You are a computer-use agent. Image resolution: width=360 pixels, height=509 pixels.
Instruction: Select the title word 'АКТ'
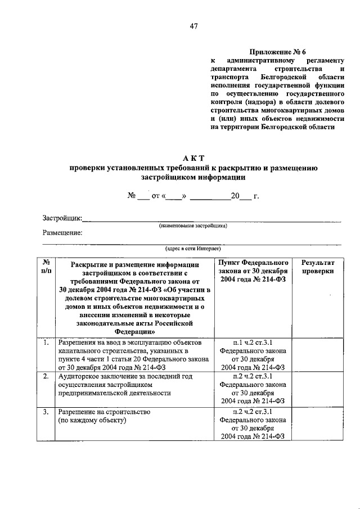click(x=193, y=158)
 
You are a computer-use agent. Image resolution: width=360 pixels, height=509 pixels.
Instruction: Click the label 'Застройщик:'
click(x=62, y=218)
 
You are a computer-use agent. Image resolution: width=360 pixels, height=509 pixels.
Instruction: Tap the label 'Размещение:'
click(x=62, y=233)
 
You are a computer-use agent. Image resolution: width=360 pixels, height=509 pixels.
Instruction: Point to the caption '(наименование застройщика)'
click(x=193, y=225)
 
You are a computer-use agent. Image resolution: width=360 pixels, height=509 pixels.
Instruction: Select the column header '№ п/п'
click(x=47, y=267)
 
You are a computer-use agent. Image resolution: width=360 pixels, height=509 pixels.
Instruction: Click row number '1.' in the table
click(x=45, y=341)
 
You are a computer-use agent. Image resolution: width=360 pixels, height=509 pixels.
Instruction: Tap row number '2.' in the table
click(x=45, y=376)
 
